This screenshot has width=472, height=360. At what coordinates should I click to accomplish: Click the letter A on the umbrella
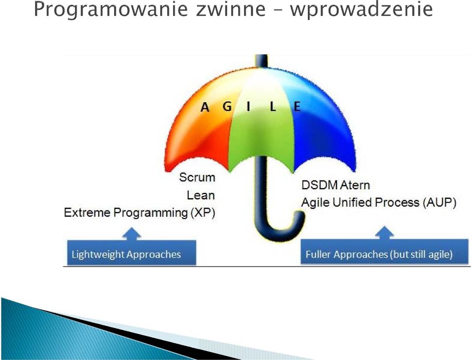pyautogui.click(x=205, y=107)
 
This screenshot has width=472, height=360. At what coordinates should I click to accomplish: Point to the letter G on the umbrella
pyautogui.click(x=227, y=106)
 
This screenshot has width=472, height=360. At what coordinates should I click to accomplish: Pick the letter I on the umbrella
pyautogui.click(x=248, y=106)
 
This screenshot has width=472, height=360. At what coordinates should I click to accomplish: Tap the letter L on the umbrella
pyautogui.click(x=273, y=106)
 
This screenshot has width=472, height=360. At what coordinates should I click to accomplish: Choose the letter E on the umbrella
pyautogui.click(x=297, y=106)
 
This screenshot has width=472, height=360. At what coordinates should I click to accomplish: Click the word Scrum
pyautogui.click(x=197, y=177)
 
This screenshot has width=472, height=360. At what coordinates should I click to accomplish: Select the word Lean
pyautogui.click(x=201, y=195)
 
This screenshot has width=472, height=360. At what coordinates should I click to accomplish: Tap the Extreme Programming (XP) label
pyautogui.click(x=140, y=213)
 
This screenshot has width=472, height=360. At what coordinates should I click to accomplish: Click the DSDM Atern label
pyautogui.click(x=336, y=185)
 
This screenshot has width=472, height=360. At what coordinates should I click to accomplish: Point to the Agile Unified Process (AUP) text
pyautogui.click(x=379, y=202)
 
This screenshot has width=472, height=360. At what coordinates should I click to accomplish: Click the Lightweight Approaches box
pyautogui.click(x=132, y=253)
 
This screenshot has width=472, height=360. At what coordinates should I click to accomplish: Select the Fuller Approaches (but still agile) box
pyautogui.click(x=385, y=252)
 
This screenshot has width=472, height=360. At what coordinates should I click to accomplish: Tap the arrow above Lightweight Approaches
pyautogui.click(x=132, y=234)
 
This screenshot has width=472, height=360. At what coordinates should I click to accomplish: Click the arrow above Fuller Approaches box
pyautogui.click(x=384, y=233)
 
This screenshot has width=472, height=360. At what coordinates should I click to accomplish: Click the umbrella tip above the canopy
pyautogui.click(x=262, y=60)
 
